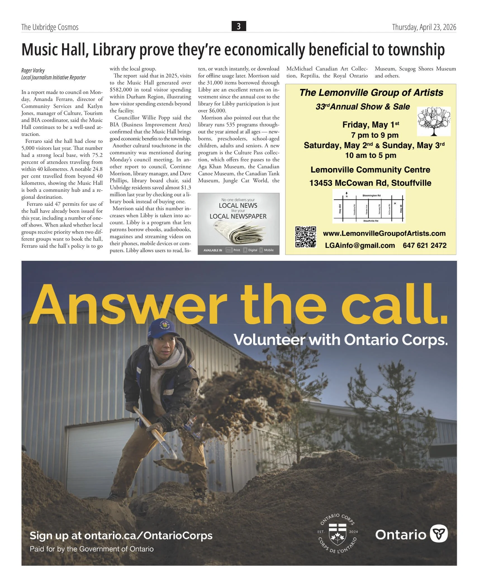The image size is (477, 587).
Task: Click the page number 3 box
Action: click(239, 27)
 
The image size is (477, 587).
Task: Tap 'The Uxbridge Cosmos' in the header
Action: click(50, 27)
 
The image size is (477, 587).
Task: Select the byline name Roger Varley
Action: click(33, 70)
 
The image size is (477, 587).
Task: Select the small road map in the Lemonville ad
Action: click(369, 206)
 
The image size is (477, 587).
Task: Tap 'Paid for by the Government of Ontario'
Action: click(92, 549)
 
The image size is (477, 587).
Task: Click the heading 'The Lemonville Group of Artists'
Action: click(371, 93)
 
